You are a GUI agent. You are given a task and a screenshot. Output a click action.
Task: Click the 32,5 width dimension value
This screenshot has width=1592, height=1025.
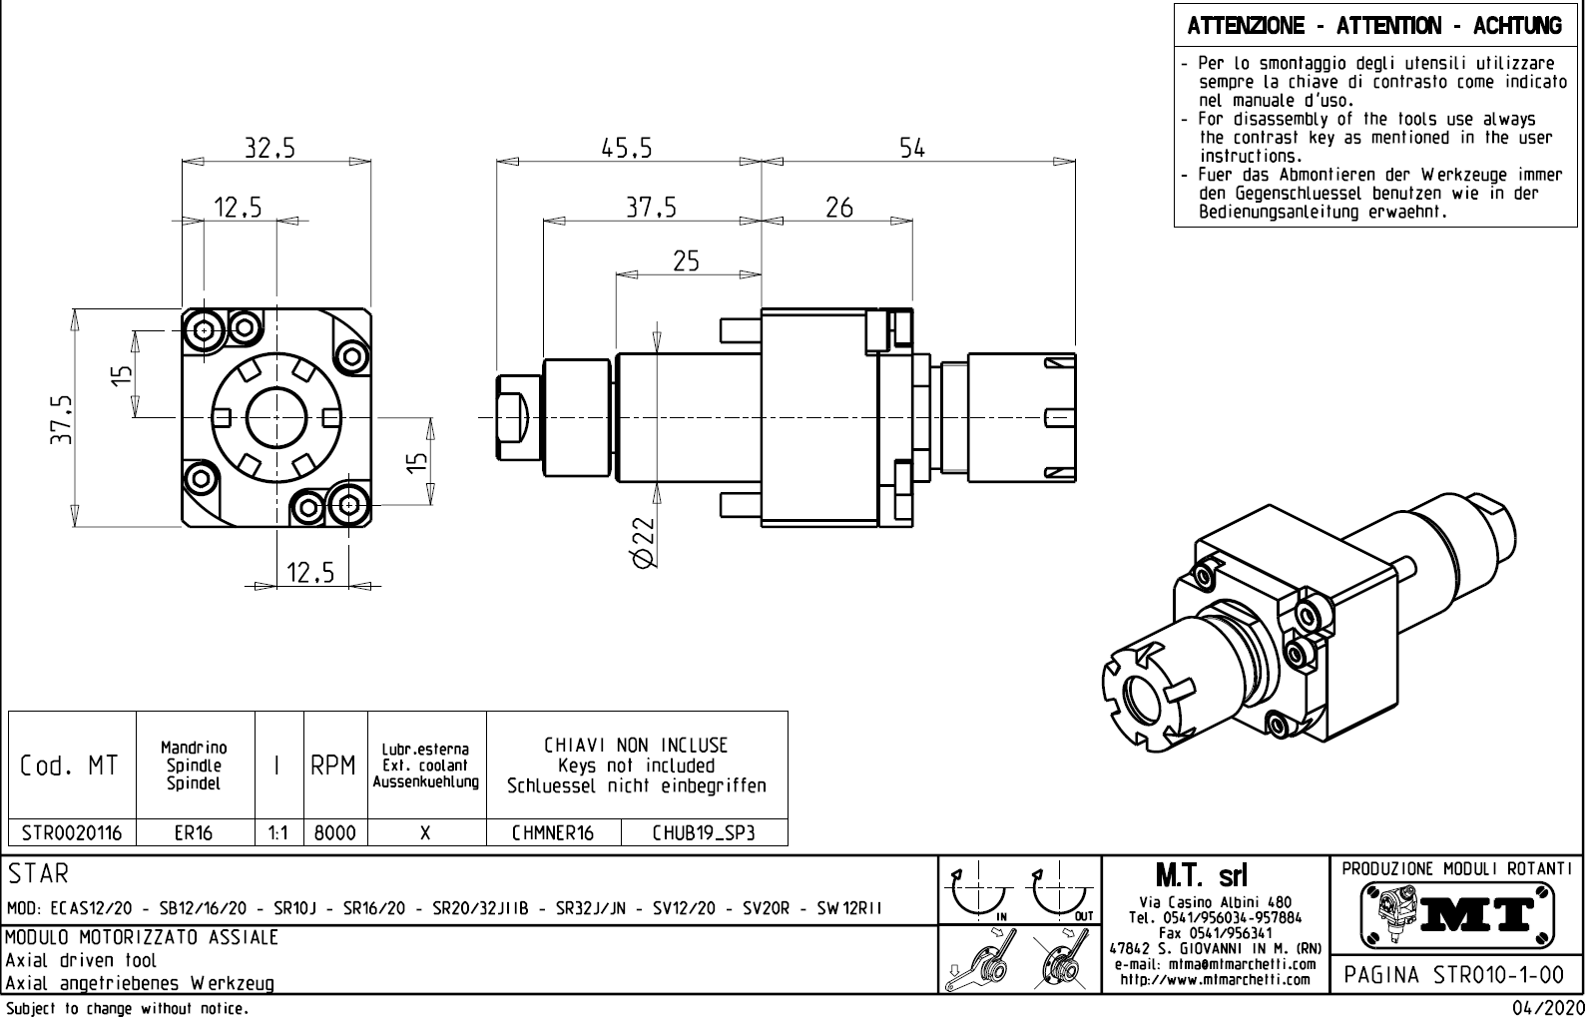coord(270,148)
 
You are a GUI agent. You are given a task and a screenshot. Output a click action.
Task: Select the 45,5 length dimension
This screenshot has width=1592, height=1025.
coord(627,148)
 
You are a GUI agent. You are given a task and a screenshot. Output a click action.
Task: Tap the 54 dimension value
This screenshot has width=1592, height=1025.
coord(912,148)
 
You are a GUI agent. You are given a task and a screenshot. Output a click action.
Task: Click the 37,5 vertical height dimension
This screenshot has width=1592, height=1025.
coord(63,419)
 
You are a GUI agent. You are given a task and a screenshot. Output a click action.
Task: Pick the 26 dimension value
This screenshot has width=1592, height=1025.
coord(839,208)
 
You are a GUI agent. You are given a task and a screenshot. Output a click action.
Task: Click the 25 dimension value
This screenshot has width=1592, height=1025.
coord(686,261)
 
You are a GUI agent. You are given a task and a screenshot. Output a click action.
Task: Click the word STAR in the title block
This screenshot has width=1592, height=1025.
coord(39,875)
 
